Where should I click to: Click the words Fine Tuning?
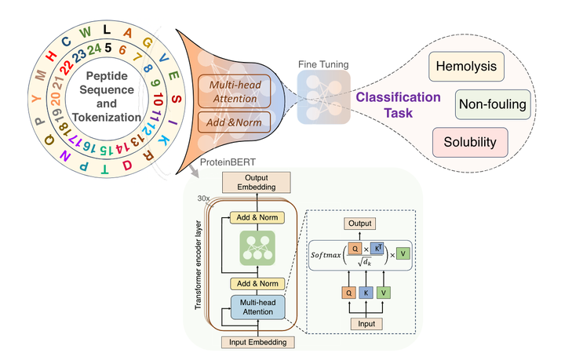coord(323,64)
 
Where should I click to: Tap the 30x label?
coord(202,198)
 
